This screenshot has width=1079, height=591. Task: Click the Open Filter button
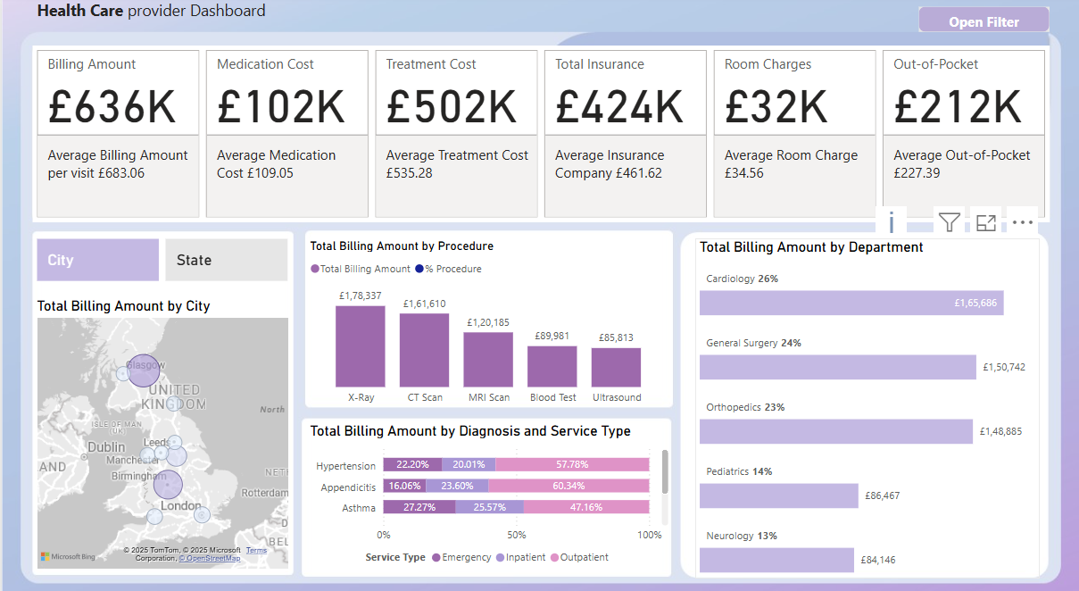tap(984, 21)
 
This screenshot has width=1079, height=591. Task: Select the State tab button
tap(226, 260)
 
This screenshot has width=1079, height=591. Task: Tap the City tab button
tap(97, 260)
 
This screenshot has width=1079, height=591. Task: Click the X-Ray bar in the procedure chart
tap(360, 346)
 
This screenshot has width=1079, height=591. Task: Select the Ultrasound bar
tap(616, 367)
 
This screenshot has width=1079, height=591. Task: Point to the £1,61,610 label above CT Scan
tap(424, 304)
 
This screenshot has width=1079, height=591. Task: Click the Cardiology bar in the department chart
tap(851, 303)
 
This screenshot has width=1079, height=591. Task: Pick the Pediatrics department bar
tap(777, 495)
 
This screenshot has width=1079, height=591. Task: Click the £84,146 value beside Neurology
tap(878, 561)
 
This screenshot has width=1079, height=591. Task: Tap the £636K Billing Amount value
tap(113, 106)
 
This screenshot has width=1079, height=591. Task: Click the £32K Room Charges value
tap(776, 106)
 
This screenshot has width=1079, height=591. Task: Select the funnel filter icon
tap(949, 222)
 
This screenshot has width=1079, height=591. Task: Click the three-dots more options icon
tap(1023, 222)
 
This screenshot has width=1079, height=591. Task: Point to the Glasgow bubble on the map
tap(143, 370)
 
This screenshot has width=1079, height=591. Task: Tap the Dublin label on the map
tap(106, 446)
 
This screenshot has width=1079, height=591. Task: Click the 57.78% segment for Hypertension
tap(571, 465)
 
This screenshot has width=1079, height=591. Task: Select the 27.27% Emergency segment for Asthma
tap(419, 507)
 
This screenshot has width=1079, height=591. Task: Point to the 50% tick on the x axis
tap(516, 535)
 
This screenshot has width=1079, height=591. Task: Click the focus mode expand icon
tap(985, 222)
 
